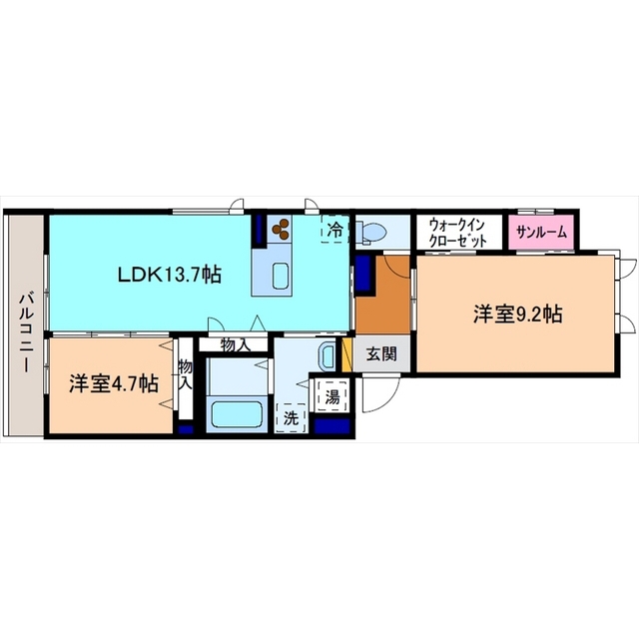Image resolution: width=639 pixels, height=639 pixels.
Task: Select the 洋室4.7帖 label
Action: click(113, 382)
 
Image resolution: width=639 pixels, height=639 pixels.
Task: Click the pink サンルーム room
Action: click(540, 233)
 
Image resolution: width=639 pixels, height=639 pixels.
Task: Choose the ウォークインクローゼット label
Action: click(457, 233)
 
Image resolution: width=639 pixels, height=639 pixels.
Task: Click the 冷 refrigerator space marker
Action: click(335, 229)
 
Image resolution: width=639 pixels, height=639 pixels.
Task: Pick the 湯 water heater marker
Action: click(331, 394)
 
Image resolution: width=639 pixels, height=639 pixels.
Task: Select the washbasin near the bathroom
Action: click(326, 355)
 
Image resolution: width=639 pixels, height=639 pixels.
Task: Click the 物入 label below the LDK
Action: click(235, 344)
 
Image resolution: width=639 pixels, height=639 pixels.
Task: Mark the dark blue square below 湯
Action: click(331, 424)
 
